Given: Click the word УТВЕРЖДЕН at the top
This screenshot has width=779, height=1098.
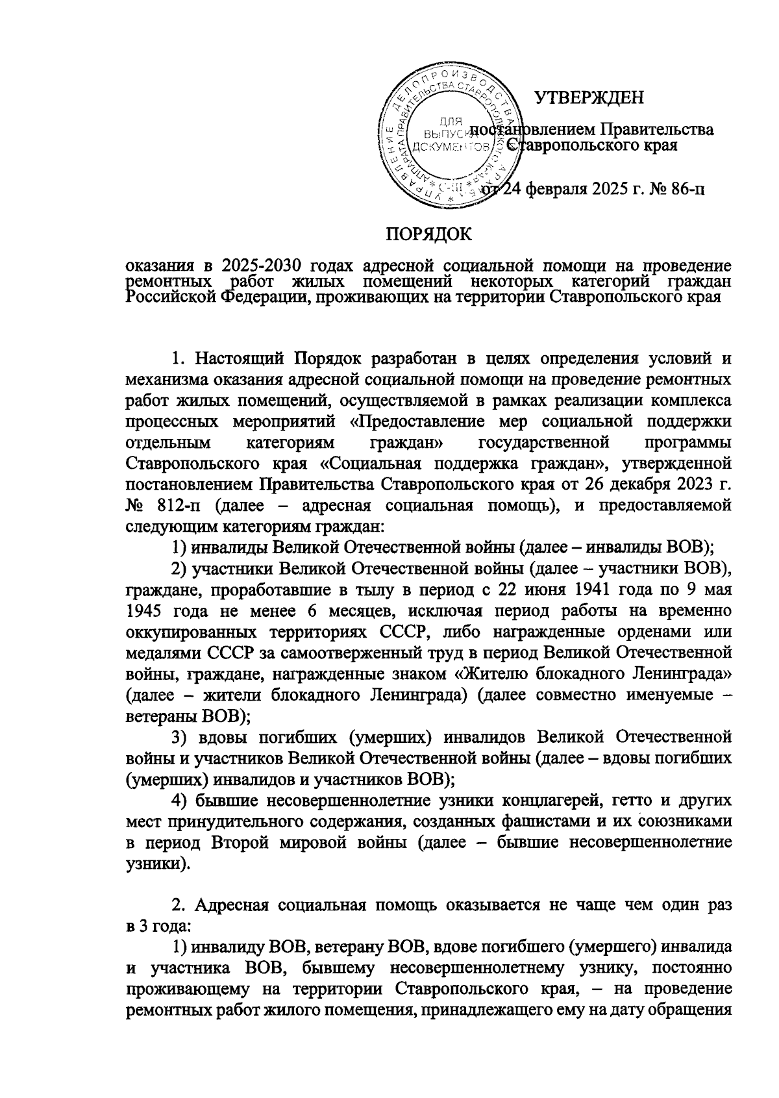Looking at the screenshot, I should [589, 98].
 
